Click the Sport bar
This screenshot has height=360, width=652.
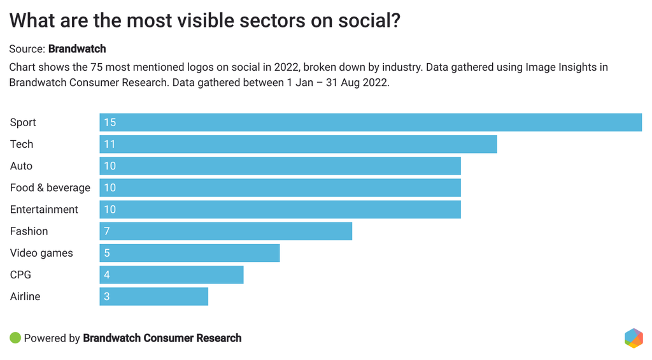(370, 122)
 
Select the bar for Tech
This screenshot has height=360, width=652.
(298, 144)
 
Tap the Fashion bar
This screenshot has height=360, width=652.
(225, 231)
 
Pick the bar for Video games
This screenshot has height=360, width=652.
(189, 253)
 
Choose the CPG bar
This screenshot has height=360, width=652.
(171, 275)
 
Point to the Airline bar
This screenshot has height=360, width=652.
(153, 296)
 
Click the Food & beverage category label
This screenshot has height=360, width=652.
(50, 188)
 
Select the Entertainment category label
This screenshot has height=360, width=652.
(44, 210)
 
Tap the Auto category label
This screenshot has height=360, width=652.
(21, 166)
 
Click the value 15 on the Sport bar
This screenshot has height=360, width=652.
(110, 122)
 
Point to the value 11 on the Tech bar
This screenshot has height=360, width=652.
(110, 144)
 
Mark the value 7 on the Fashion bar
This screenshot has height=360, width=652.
(107, 231)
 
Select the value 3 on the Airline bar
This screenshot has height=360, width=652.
(107, 296)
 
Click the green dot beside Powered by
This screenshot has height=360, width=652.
(15, 338)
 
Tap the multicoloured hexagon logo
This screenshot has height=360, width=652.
(634, 338)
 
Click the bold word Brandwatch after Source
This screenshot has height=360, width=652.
(77, 48)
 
